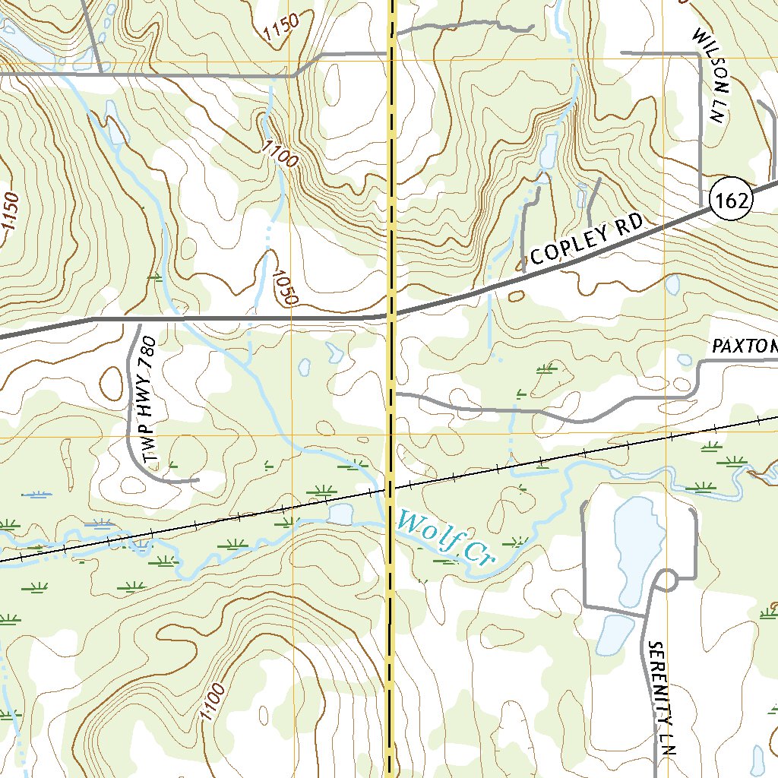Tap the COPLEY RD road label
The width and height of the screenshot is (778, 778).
click(587, 239)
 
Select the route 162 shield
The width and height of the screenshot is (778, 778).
click(732, 201)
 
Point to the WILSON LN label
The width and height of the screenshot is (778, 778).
click(707, 76)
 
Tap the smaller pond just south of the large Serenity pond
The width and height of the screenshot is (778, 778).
click(615, 634)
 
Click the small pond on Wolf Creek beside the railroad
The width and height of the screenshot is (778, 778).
click(340, 515)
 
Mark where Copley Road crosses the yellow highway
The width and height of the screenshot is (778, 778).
click(391, 313)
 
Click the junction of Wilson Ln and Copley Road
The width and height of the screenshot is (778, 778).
click(700, 206)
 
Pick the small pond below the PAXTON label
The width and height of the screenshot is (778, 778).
click(685, 359)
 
